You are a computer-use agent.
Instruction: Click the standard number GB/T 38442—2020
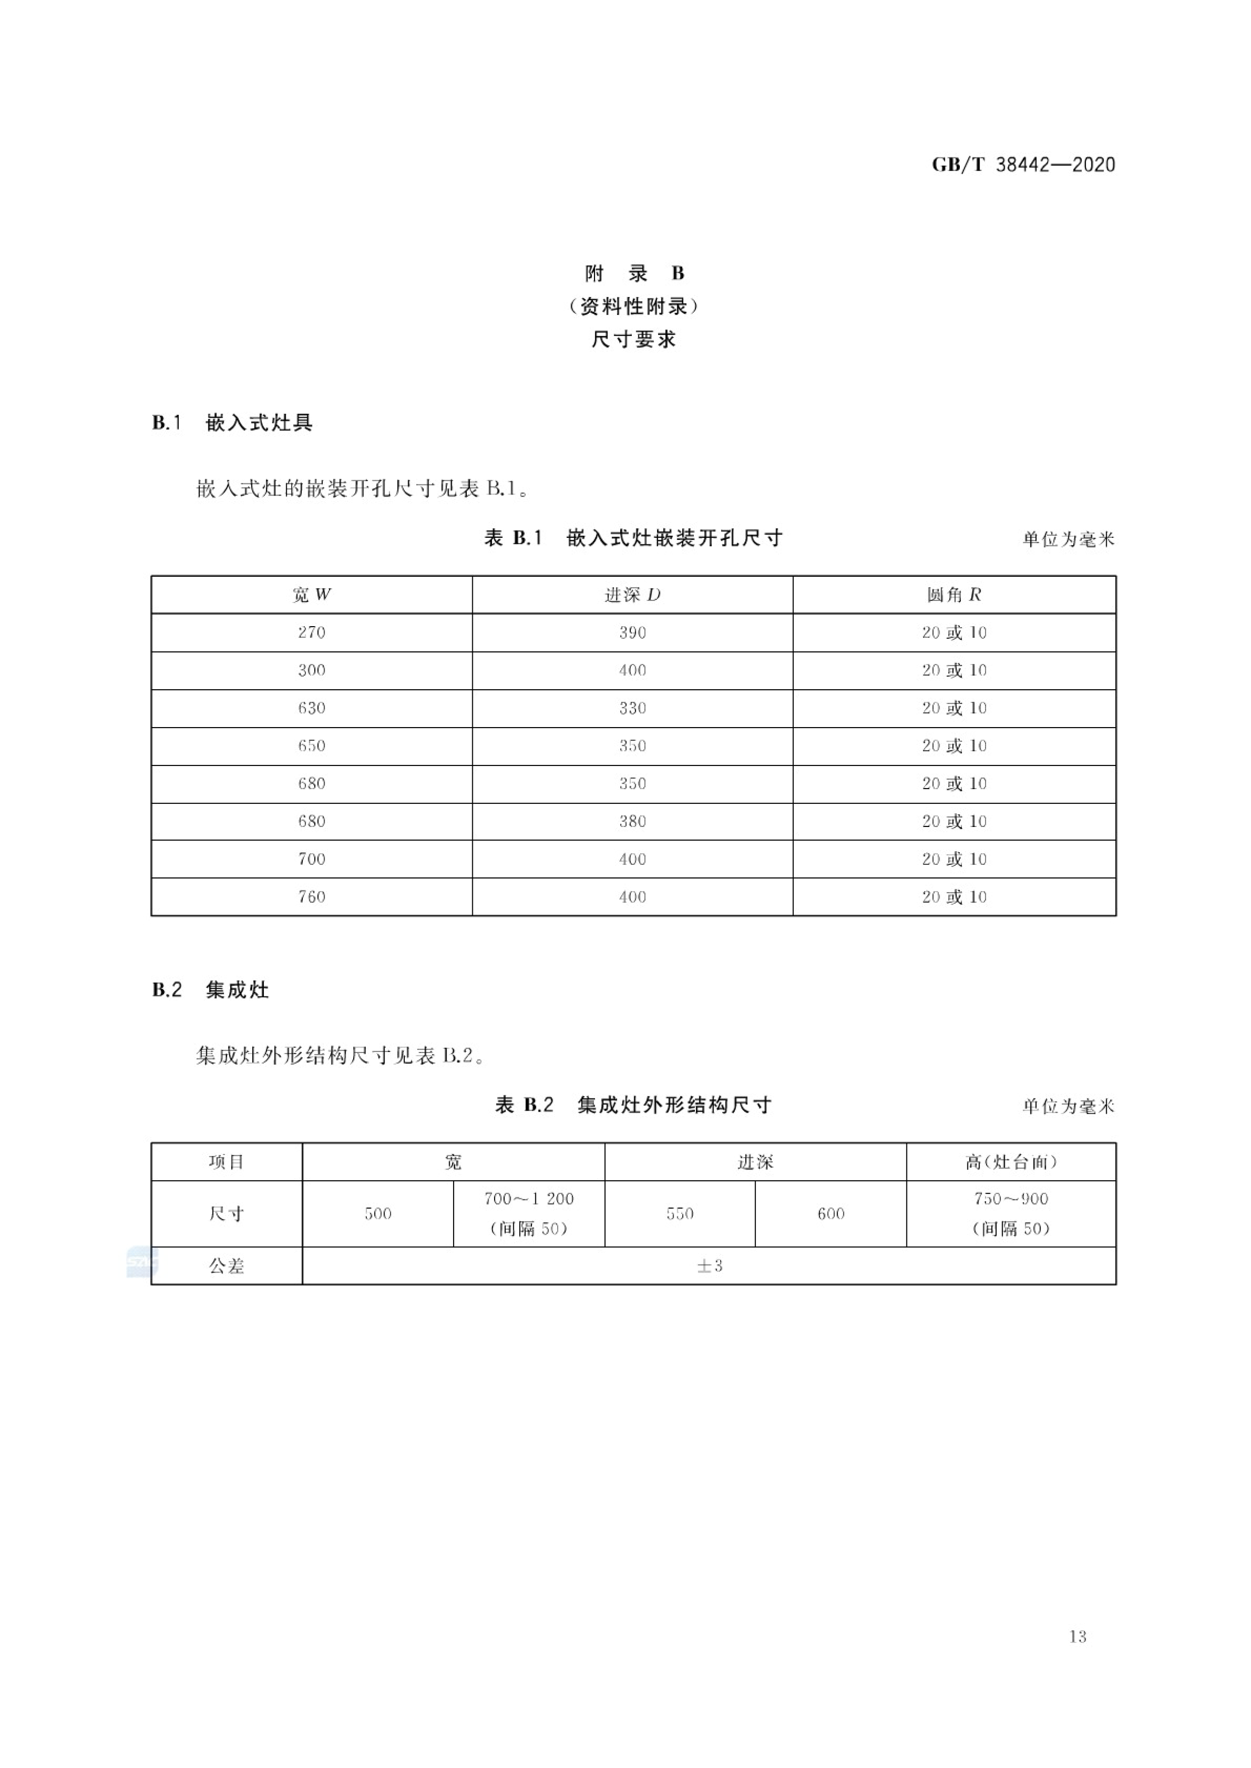coord(1023,165)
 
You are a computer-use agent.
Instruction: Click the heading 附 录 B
coord(633,273)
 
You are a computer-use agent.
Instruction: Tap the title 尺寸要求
coord(633,340)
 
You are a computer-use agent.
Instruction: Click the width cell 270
coord(311,632)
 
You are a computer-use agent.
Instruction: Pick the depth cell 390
coord(632,632)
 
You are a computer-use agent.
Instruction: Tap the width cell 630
coord(311,708)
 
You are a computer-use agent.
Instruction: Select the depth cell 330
coord(632,708)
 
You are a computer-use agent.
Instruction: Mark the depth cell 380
coord(632,821)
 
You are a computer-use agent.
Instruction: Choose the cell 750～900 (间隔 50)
coord(1011,1213)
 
